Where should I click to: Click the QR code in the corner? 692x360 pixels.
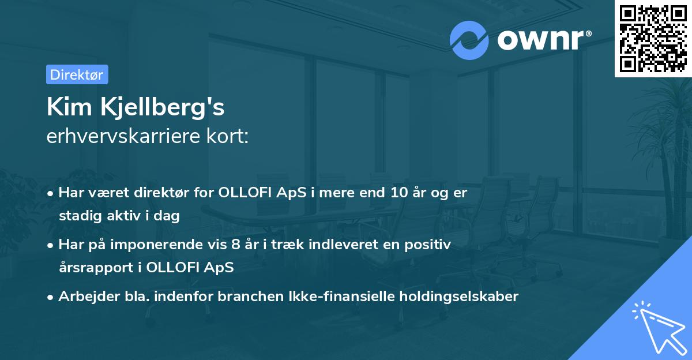coord(653,38)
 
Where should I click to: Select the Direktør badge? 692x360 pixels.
coord(77,74)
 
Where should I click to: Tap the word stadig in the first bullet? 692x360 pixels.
coord(76,216)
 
